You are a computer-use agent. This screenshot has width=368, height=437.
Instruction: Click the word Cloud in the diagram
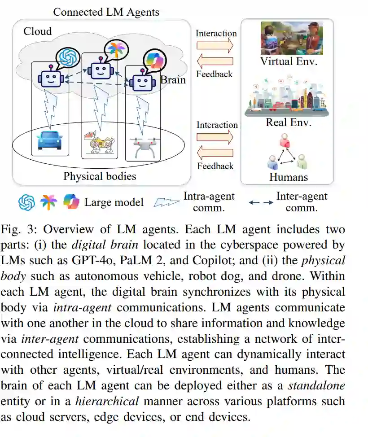(x=38, y=31)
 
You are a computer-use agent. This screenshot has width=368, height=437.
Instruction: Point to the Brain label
(x=173, y=79)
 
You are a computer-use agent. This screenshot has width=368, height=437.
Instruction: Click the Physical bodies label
(x=100, y=176)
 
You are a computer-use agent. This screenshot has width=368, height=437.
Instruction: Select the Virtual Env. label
(x=289, y=61)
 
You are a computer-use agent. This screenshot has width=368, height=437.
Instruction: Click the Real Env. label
(x=289, y=122)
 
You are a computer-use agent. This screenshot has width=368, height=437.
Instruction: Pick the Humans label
(x=289, y=177)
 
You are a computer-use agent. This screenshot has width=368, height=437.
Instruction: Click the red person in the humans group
(x=285, y=141)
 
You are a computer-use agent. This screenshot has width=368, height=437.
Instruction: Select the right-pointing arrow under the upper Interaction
(x=215, y=45)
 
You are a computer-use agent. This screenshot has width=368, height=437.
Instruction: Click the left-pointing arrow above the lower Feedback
(x=215, y=153)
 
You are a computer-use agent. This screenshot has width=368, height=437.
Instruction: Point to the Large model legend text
(x=114, y=202)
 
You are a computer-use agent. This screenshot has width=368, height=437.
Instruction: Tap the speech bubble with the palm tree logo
(x=115, y=48)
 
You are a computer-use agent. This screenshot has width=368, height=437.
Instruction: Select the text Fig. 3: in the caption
(x=18, y=230)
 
